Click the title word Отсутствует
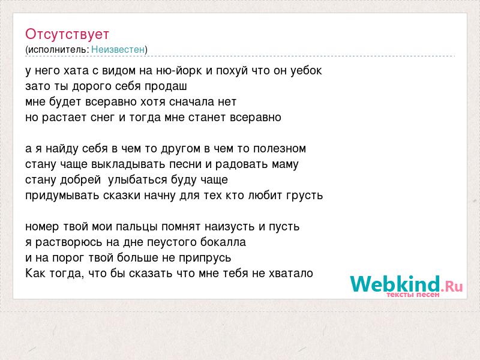[67, 34]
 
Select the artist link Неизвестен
[118, 50]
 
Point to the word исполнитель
[58, 50]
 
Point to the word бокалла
[223, 242]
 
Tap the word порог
[68, 259]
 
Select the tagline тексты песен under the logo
[413, 295]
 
